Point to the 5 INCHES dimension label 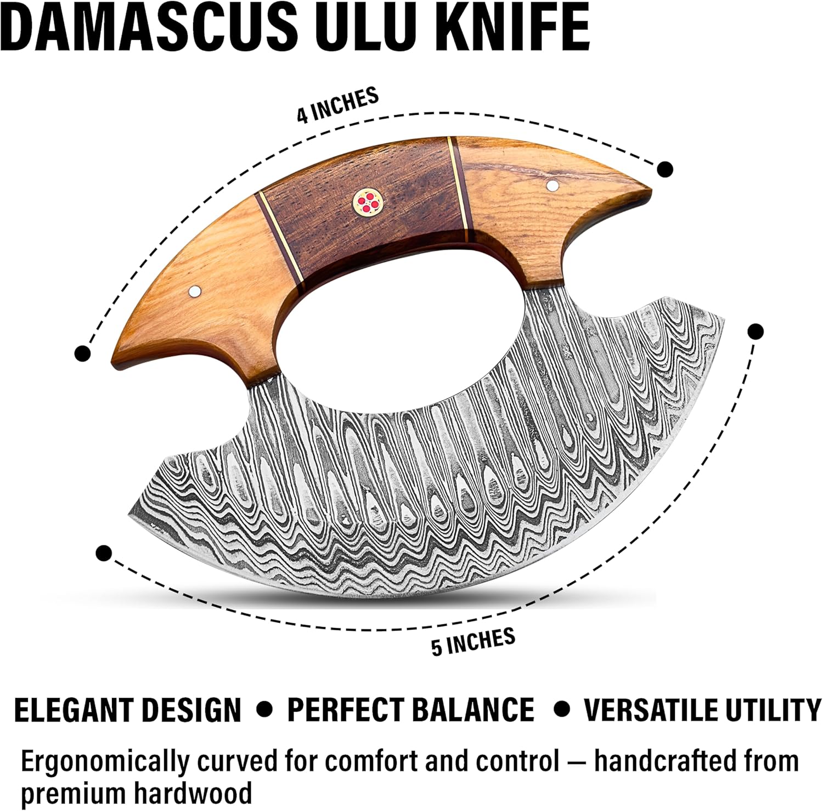click(473, 641)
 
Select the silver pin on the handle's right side click(552, 185)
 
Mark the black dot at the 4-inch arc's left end click(82, 353)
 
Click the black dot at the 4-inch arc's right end click(665, 169)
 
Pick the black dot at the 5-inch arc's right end click(755, 331)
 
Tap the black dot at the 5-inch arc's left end click(104, 553)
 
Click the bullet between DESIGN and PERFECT click(265, 709)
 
